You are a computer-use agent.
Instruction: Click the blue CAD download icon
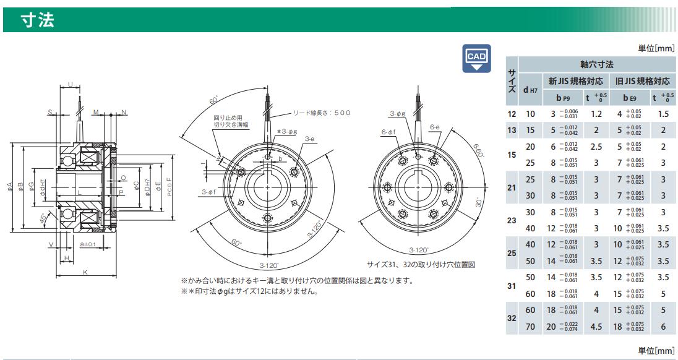pyautogui.click(x=476, y=59)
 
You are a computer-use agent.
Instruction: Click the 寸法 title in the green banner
pyautogui.click(x=38, y=22)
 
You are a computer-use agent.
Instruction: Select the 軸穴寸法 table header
pyautogui.click(x=596, y=64)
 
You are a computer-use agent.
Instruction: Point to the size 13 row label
pyautogui.click(x=511, y=131)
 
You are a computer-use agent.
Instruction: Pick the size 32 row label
pyautogui.click(x=511, y=319)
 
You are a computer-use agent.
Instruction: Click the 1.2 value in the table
pyautogui.click(x=596, y=114)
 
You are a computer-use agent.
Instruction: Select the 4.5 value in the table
pyautogui.click(x=596, y=327)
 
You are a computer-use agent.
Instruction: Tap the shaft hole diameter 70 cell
pyautogui.click(x=530, y=327)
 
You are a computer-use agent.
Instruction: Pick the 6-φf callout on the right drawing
pyautogui.click(x=388, y=131)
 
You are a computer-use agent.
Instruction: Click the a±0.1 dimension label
pyautogui.click(x=87, y=245)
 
